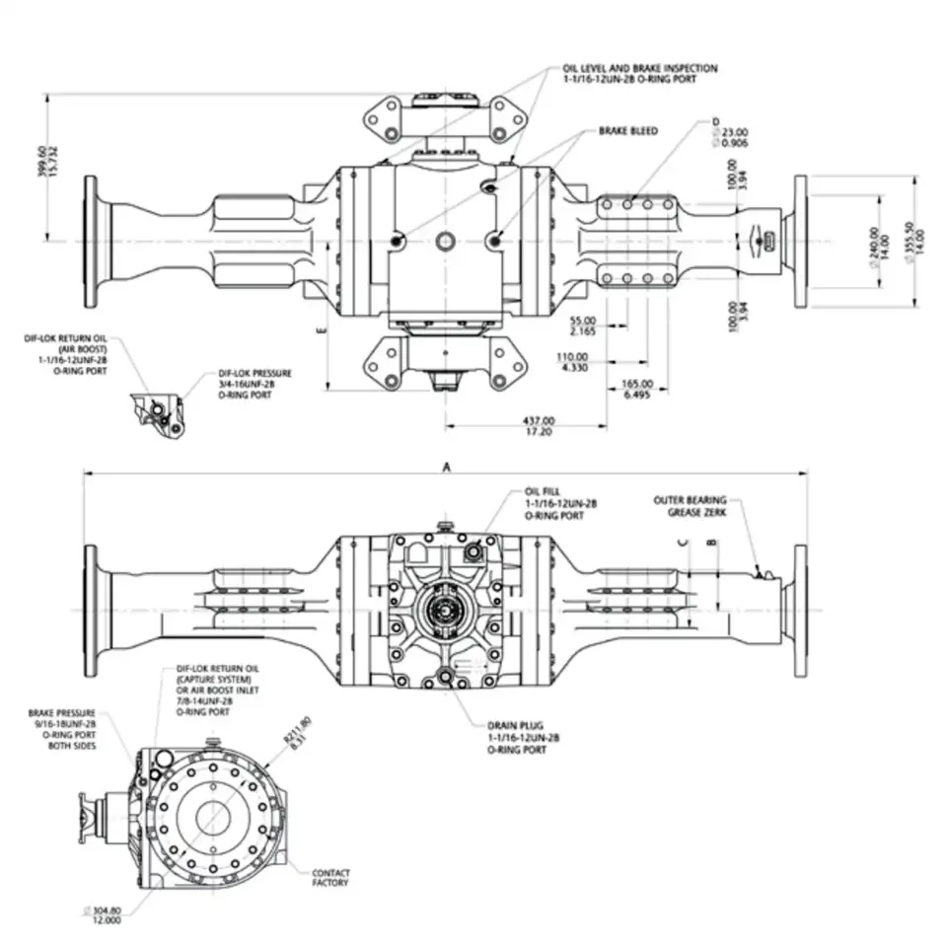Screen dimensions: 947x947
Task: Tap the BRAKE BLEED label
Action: coord(627,130)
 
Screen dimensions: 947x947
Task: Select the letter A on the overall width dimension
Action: coord(446,469)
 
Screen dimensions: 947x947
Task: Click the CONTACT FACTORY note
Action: coord(330,877)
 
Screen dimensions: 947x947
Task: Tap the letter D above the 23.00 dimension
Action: coord(715,121)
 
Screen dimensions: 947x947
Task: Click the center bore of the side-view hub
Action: coord(211,817)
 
